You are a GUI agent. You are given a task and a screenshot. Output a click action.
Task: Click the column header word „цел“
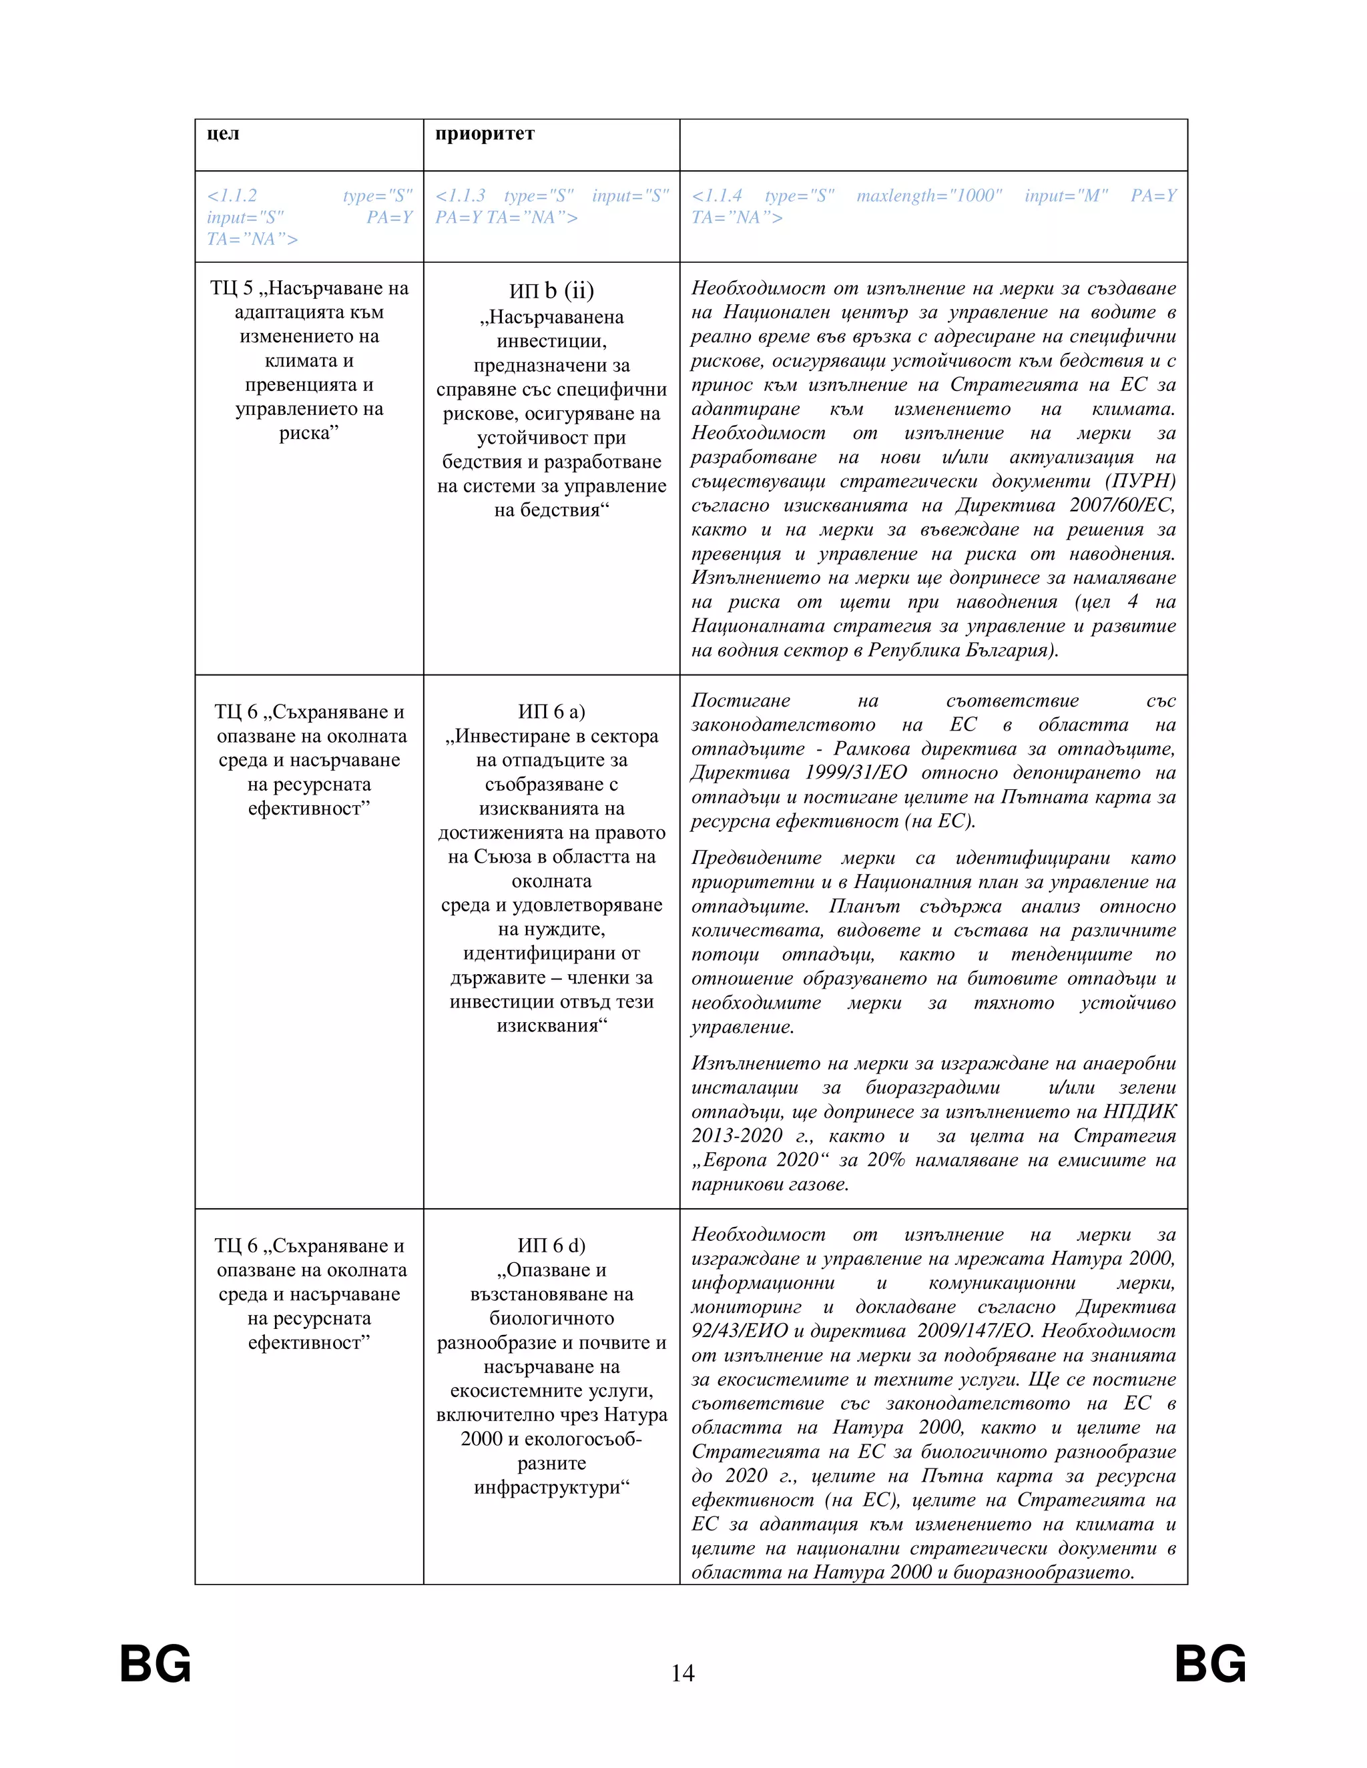tap(223, 133)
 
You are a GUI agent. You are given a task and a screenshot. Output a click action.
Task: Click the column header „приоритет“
tap(485, 133)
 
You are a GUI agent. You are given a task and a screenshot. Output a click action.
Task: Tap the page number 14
tap(683, 1673)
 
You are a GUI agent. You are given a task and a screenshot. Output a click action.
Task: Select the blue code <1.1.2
tap(232, 196)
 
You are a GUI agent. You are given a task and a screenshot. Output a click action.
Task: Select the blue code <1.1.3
tap(460, 196)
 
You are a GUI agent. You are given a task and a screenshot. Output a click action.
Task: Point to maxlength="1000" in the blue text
tap(929, 196)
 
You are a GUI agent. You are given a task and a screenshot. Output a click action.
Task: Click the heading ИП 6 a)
tap(551, 712)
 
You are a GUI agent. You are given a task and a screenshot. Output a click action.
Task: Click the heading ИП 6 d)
tap(551, 1246)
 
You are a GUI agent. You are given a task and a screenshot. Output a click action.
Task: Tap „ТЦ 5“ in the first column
tap(232, 288)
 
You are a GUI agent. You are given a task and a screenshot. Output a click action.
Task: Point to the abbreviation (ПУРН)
tap(1144, 482)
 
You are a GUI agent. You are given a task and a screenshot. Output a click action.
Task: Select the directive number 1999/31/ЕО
tap(855, 773)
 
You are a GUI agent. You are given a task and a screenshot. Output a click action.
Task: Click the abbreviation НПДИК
tap(1139, 1112)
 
